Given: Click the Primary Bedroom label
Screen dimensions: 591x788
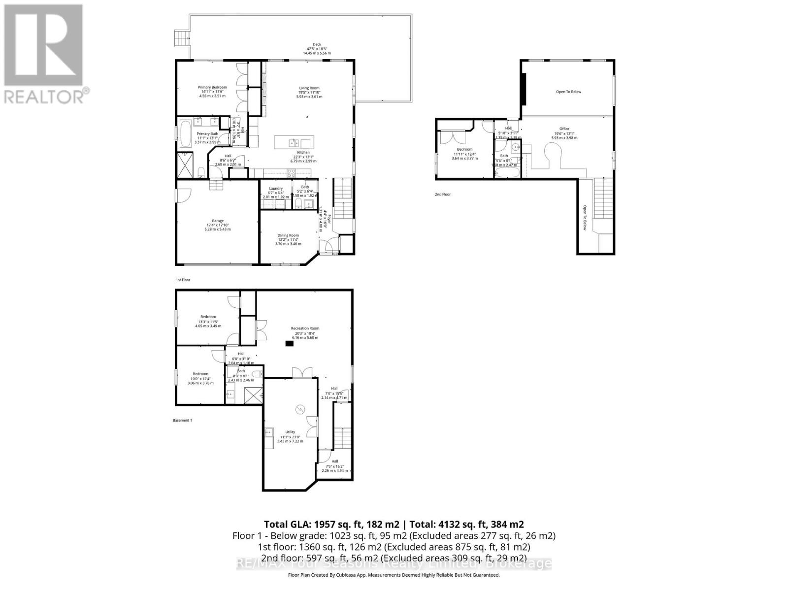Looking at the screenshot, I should click(212, 87).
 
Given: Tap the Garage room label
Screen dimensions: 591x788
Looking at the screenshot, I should click(218, 221).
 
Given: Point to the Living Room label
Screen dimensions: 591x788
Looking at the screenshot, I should click(309, 88).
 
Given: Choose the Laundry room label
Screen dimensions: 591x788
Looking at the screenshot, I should click(276, 189).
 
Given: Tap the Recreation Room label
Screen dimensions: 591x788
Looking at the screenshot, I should click(305, 328).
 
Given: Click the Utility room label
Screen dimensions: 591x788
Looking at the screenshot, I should click(291, 432).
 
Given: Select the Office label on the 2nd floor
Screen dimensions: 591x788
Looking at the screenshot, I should click(564, 129).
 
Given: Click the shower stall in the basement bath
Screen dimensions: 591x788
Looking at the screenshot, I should click(253, 395).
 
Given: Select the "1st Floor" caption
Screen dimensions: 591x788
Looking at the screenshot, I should click(183, 280).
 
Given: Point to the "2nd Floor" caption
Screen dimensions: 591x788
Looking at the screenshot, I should click(442, 195).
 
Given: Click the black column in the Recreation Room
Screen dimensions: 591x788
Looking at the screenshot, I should click(289, 344).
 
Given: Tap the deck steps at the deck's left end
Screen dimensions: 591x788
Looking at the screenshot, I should click(182, 37).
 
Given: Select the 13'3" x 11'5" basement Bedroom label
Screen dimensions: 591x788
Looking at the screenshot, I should click(208, 317).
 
